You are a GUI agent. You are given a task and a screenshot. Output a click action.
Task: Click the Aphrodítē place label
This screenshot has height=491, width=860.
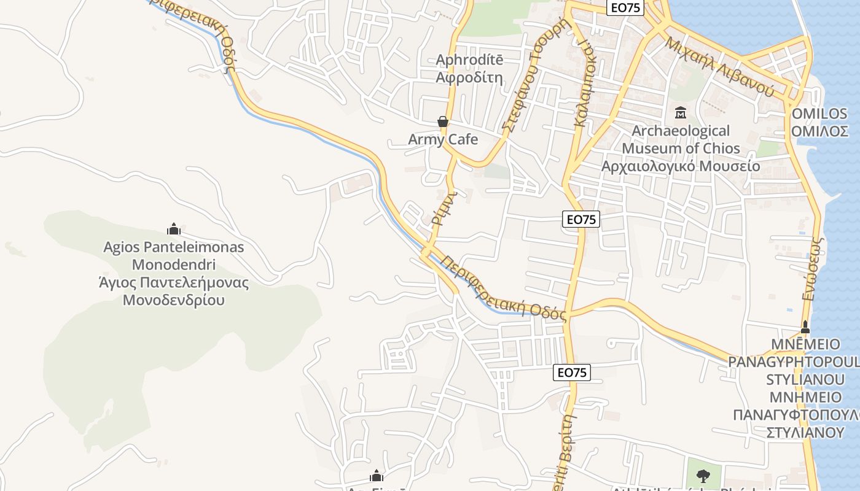click(x=469, y=60)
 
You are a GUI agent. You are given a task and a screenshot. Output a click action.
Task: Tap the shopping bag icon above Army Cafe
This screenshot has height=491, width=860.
click(x=442, y=122)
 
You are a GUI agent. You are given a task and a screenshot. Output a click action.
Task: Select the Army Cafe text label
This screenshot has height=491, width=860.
click(x=443, y=139)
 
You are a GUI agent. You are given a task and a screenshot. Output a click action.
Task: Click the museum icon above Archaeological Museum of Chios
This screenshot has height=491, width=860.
click(x=681, y=113)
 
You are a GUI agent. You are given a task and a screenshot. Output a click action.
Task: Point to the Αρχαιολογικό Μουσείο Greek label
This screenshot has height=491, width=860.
click(x=681, y=166)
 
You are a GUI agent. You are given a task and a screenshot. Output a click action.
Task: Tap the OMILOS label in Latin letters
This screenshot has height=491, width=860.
click(x=819, y=114)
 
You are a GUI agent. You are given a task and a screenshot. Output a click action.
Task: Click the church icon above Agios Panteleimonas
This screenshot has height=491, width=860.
click(x=174, y=230)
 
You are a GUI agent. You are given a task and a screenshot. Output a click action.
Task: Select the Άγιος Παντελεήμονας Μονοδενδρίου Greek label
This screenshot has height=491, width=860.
click(x=174, y=292)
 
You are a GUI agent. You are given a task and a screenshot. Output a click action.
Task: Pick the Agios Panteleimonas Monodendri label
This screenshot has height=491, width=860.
click(x=174, y=256)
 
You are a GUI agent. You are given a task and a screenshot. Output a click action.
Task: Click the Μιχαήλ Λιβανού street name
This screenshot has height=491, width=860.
click(x=719, y=67)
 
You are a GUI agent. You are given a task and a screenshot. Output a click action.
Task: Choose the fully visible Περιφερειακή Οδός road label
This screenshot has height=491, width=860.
click(x=502, y=287)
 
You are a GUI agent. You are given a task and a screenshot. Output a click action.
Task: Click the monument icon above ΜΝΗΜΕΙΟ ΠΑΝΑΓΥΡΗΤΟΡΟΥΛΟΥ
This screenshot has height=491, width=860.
click(x=805, y=327)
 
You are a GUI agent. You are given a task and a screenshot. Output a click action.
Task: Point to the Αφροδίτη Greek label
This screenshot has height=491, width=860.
click(x=469, y=78)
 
